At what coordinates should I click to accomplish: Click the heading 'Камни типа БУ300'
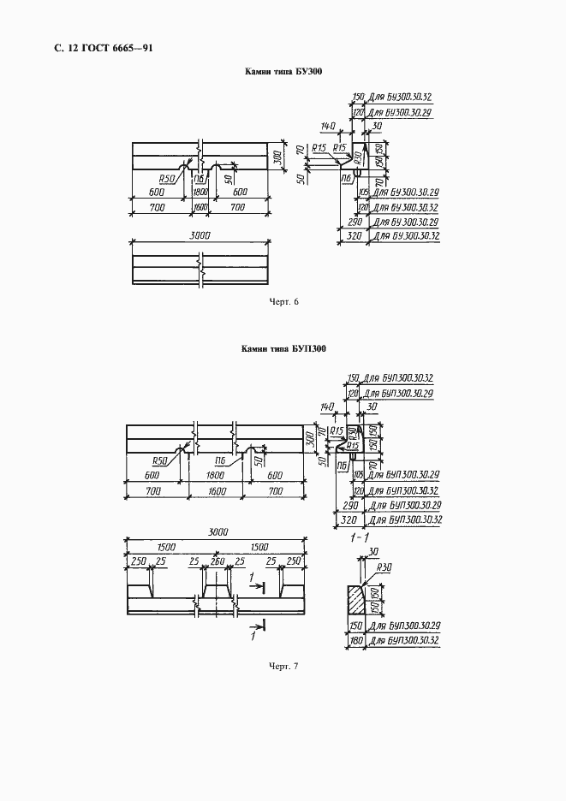(x=283, y=73)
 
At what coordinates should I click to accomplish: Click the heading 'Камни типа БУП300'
(x=283, y=349)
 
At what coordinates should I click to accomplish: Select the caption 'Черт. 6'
(x=283, y=302)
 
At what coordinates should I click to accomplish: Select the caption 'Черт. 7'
(x=283, y=666)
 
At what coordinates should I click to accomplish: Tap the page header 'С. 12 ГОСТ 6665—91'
(x=104, y=48)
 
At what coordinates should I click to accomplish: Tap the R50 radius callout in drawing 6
(x=167, y=178)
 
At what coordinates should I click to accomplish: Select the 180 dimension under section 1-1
(x=357, y=639)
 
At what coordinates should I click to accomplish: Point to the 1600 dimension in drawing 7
(x=214, y=492)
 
